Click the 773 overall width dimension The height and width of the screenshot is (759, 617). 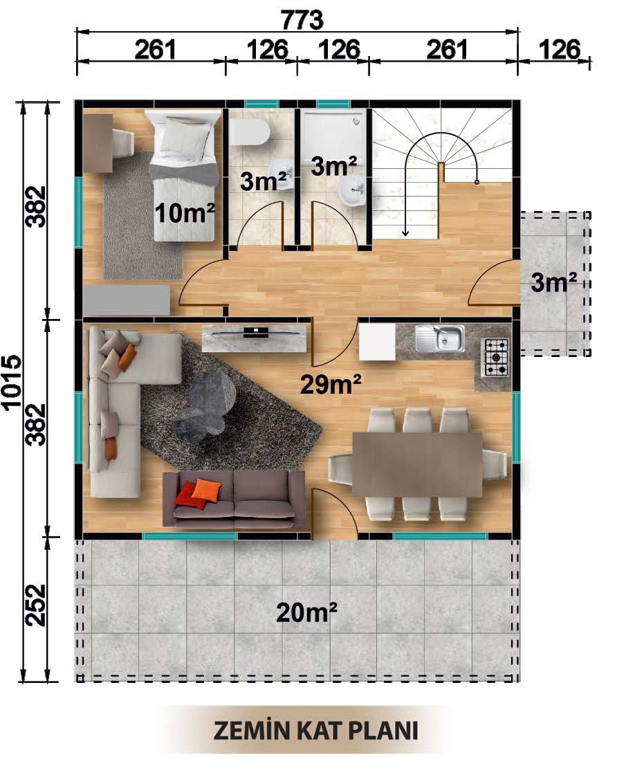[302, 20]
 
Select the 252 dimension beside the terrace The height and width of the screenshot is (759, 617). [36, 605]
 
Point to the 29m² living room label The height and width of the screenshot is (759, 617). [331, 384]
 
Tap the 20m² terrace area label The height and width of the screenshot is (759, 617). [306, 612]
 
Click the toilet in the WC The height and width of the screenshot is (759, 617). [249, 132]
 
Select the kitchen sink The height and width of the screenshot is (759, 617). [439, 338]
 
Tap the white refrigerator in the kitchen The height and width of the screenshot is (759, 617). [377, 342]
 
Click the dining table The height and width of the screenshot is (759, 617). [417, 464]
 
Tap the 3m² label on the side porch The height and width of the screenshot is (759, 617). [554, 282]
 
